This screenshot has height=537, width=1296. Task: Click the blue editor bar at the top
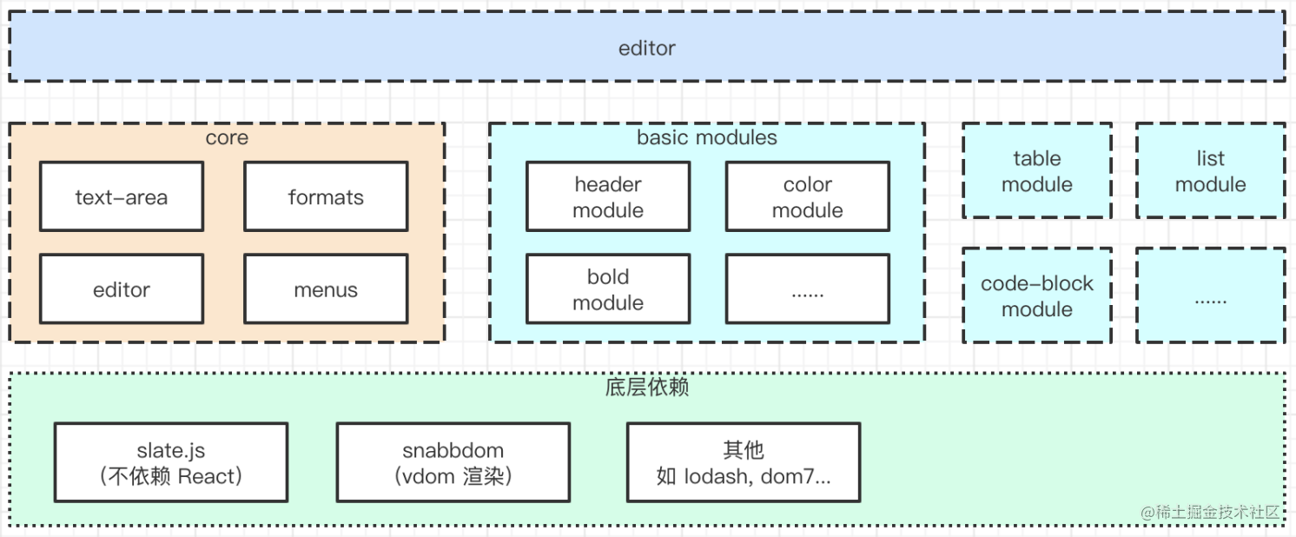click(x=647, y=47)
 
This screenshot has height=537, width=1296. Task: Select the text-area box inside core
click(x=122, y=197)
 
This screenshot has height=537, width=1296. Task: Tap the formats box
click(x=326, y=197)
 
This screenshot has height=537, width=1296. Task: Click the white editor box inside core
click(x=122, y=289)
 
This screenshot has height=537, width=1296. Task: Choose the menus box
click(x=326, y=289)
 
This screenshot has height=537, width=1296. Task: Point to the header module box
click(x=608, y=197)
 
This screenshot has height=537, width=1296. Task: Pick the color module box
click(x=808, y=197)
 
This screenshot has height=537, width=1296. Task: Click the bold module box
click(x=608, y=289)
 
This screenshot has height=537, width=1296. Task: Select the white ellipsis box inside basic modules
click(x=808, y=289)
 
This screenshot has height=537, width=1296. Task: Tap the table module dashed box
click(x=1037, y=171)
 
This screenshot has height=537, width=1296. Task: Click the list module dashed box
click(x=1210, y=171)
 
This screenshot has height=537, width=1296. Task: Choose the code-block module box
click(x=1037, y=295)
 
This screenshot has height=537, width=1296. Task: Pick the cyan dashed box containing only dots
click(x=1210, y=295)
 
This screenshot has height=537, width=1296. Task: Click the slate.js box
click(x=171, y=462)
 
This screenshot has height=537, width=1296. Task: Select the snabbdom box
click(x=453, y=462)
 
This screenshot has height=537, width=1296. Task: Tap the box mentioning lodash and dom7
click(x=744, y=462)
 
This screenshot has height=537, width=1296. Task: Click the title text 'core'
click(x=227, y=138)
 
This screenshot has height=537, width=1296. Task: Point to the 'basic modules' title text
click(x=707, y=138)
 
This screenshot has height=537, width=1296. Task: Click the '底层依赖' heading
click(x=647, y=388)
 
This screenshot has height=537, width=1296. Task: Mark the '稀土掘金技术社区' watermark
click(x=1211, y=512)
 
